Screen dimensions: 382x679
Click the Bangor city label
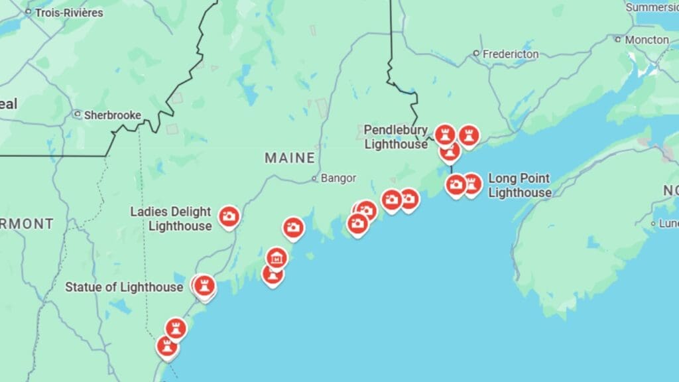click(x=338, y=178)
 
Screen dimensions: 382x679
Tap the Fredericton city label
click(x=510, y=54)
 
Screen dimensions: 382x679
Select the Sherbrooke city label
click(x=112, y=115)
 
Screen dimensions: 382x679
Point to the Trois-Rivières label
click(x=69, y=13)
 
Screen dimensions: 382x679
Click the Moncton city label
click(x=647, y=40)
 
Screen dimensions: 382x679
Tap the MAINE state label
click(x=290, y=158)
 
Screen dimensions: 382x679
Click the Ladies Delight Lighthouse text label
click(x=170, y=219)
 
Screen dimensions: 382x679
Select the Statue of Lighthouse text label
click(x=123, y=287)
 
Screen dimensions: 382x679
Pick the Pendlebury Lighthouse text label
click(x=396, y=137)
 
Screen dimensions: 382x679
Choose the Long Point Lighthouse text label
click(x=519, y=186)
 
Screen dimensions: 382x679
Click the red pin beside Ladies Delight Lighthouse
click(x=229, y=216)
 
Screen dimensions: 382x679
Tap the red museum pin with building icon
click(x=277, y=257)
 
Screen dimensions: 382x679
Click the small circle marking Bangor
click(x=316, y=178)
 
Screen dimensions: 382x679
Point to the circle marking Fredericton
click(x=476, y=54)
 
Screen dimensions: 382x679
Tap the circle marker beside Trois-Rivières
click(x=29, y=13)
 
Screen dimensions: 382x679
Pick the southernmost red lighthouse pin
click(x=166, y=346)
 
